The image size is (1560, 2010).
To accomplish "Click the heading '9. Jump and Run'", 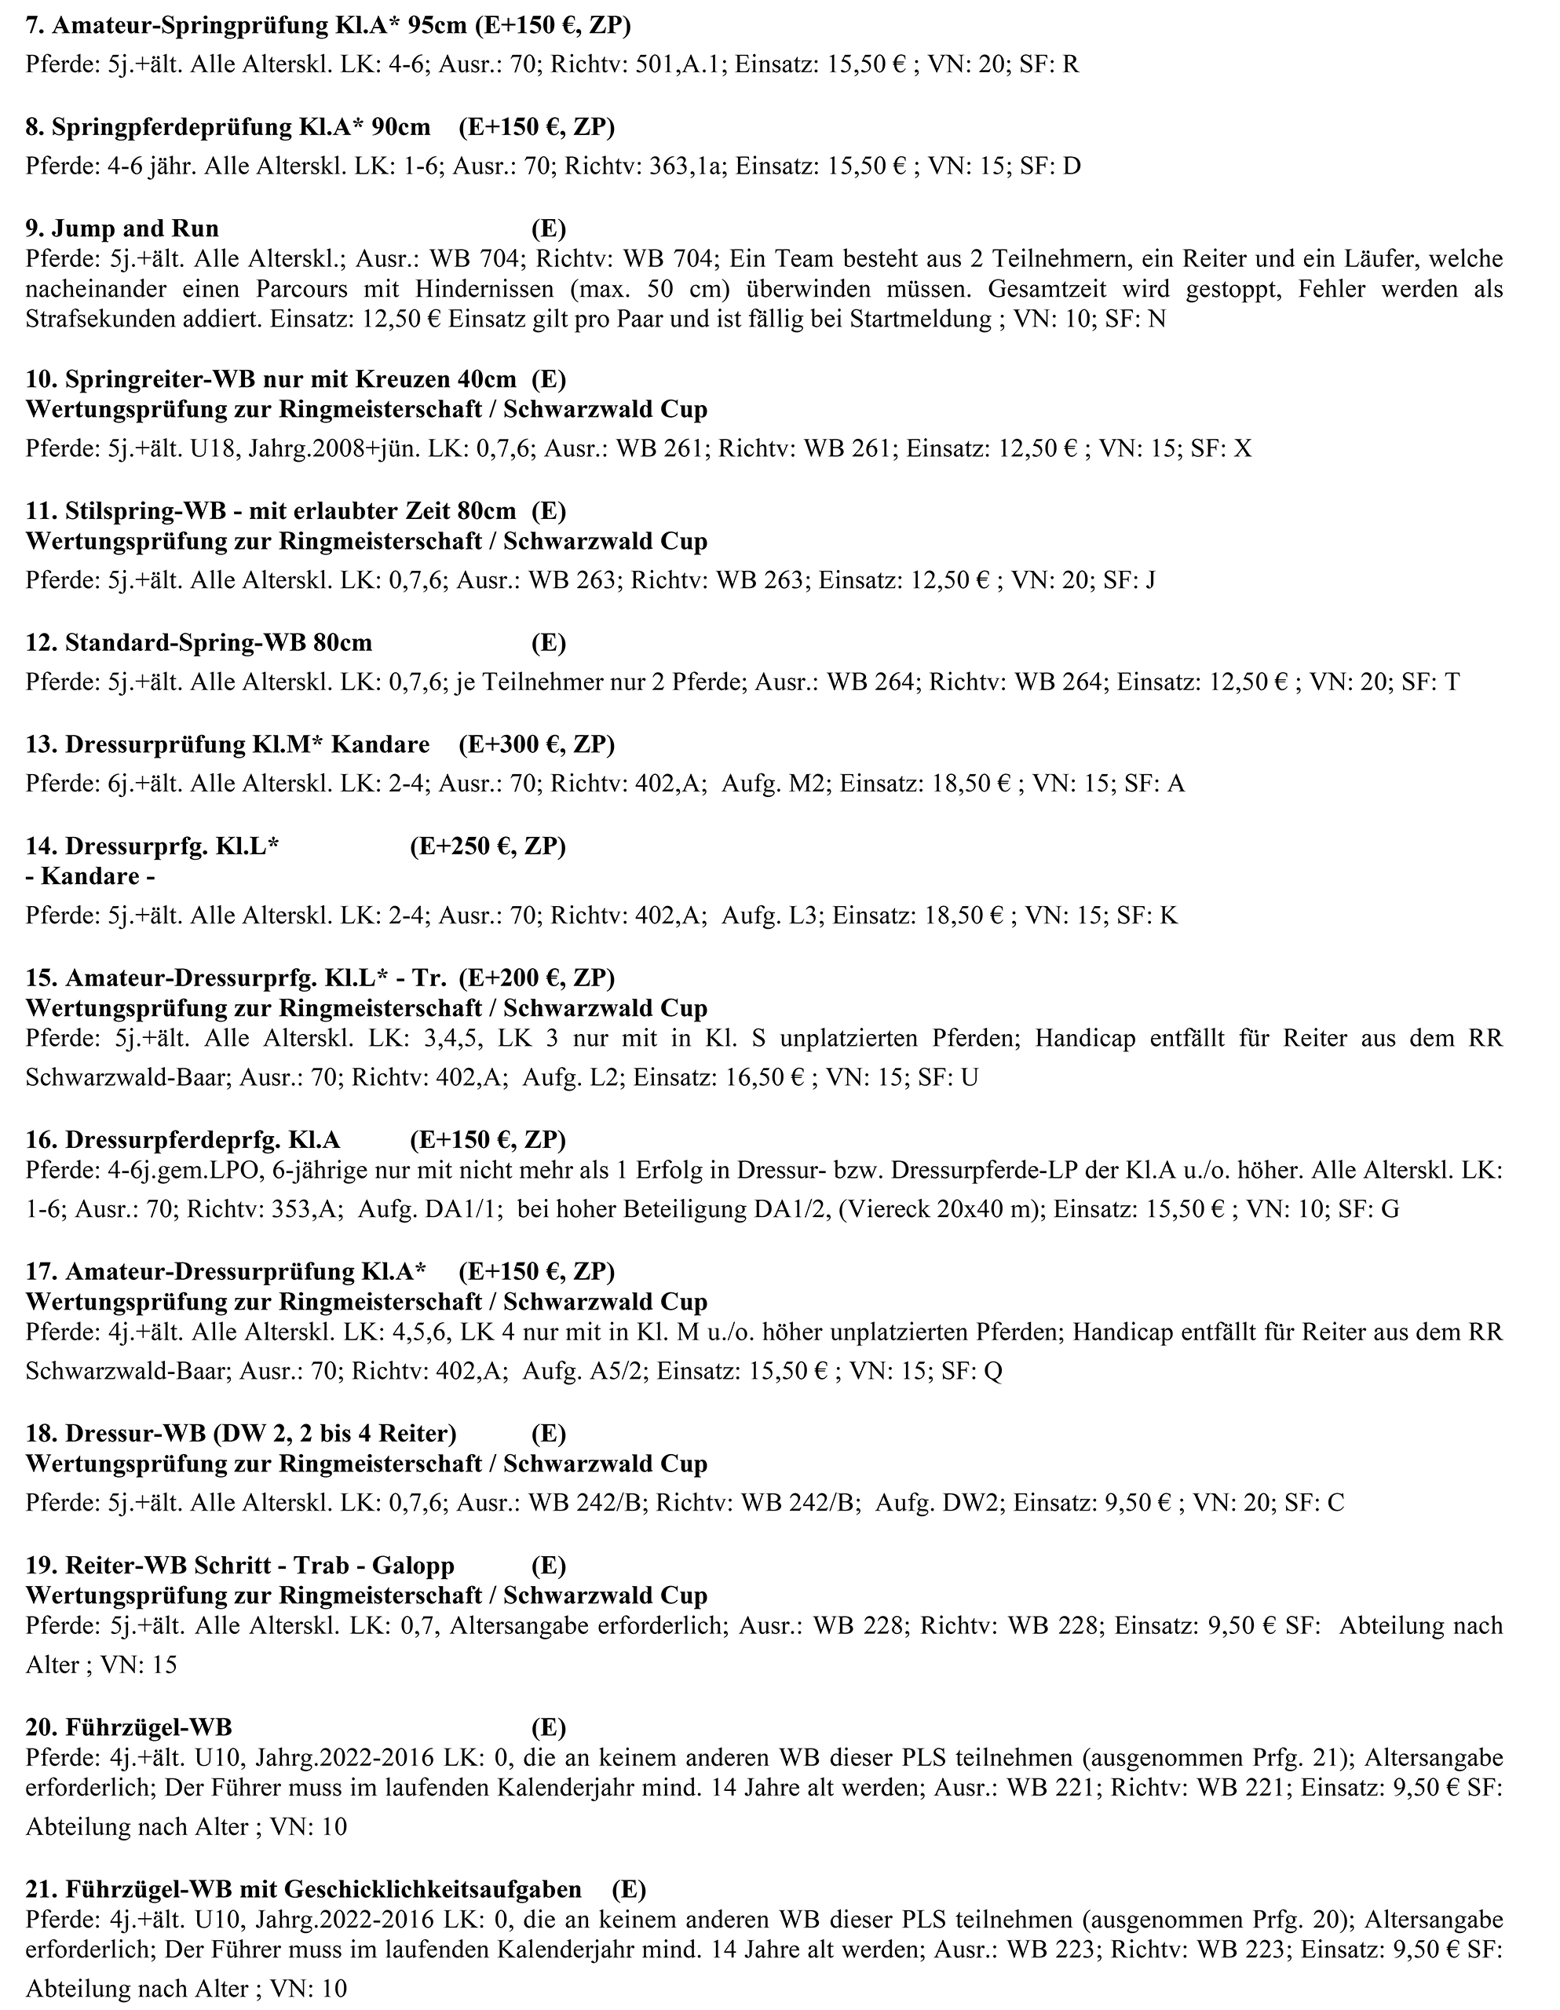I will point(122,228).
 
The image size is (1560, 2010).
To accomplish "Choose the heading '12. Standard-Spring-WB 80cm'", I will point(199,642).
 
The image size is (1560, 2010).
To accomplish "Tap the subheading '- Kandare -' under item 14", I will point(90,875).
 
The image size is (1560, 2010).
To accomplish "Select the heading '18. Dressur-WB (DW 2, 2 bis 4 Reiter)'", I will point(241,1433).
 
